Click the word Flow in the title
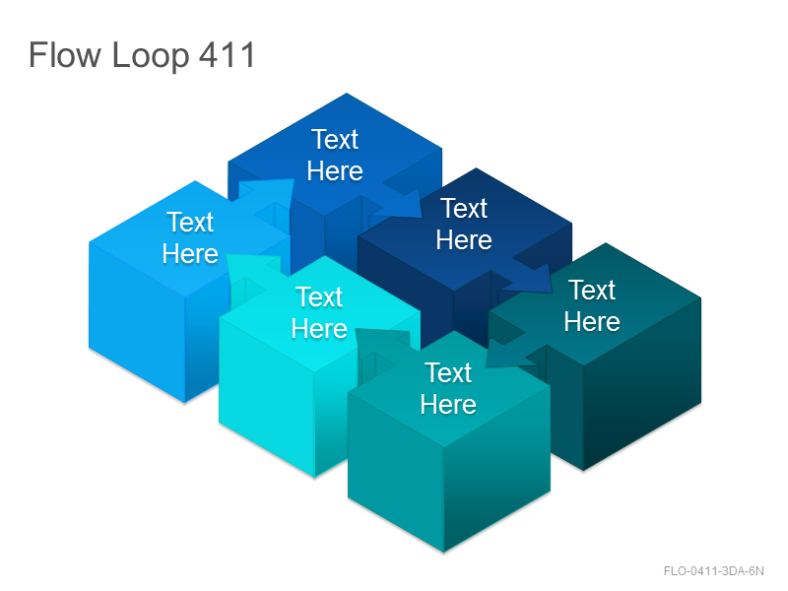pyautogui.click(x=64, y=54)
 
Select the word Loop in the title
pyautogui.click(x=151, y=56)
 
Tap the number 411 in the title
pyautogui.click(x=228, y=54)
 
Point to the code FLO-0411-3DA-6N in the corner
pyautogui.click(x=713, y=571)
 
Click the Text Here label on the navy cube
pyautogui.click(x=464, y=224)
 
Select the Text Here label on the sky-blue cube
pyautogui.click(x=190, y=237)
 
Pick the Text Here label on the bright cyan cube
pyautogui.click(x=319, y=312)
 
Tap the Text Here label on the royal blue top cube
pyautogui.click(x=335, y=155)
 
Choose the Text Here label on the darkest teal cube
pyautogui.click(x=592, y=305)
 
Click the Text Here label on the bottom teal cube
pyautogui.click(x=448, y=388)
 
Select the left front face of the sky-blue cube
pyautogui.click(x=137, y=322)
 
